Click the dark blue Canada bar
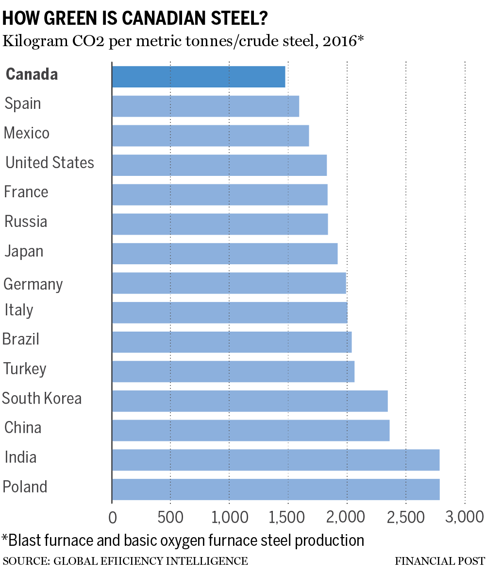198,76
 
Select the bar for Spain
205,106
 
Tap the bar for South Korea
250,401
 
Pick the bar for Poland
275,489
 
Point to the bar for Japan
224,253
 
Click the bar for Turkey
233,371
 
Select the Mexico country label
27,133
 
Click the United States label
50,162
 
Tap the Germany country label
33,284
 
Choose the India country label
20,457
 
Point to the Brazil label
21,339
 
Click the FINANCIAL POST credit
439,561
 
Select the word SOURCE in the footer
25,561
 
